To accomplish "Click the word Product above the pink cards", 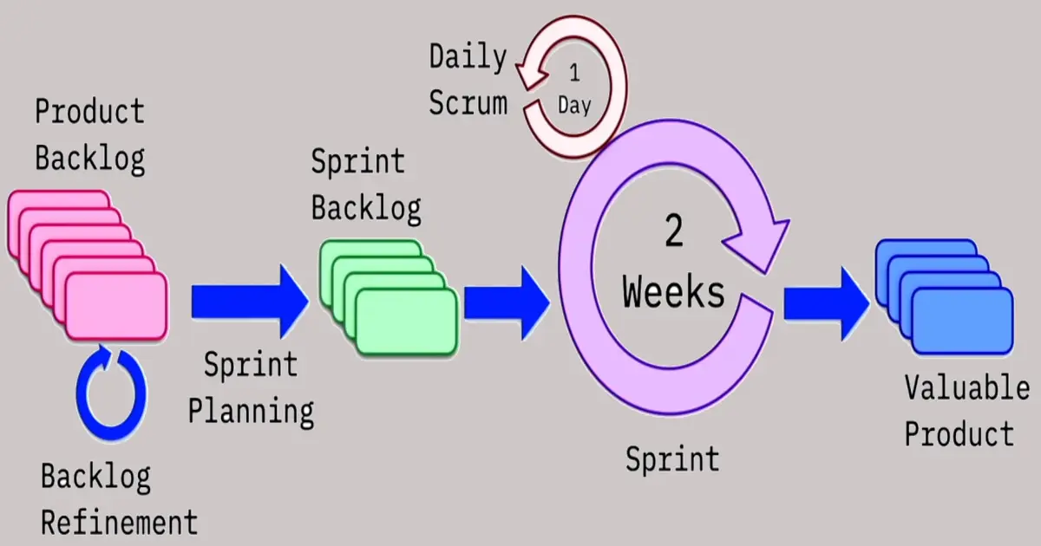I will click(x=89, y=113).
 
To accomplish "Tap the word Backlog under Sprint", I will click(x=366, y=209).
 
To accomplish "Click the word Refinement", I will click(x=120, y=523).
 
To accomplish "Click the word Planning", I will click(x=251, y=410).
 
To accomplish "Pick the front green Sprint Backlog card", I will click(x=406, y=321).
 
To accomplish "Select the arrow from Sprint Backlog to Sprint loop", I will click(x=507, y=303).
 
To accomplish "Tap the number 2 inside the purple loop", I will click(x=673, y=233).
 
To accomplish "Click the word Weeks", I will click(x=673, y=293).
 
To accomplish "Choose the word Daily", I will click(x=468, y=58).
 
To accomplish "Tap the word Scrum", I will click(x=468, y=103).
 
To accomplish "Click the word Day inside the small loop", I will click(x=573, y=106).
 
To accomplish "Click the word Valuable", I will click(x=966, y=389).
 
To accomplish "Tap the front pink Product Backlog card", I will click(x=116, y=305).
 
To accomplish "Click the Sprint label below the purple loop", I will click(x=672, y=458).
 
